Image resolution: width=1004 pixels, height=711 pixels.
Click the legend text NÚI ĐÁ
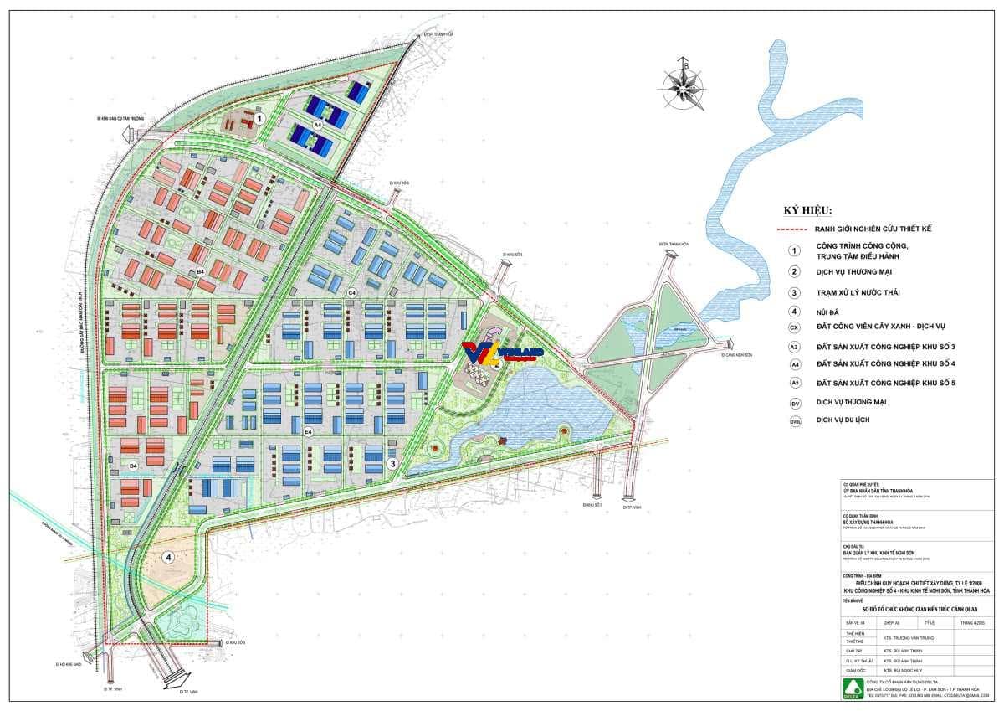pyautogui.click(x=828, y=312)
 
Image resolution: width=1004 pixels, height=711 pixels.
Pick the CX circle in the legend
pyautogui.click(x=794, y=327)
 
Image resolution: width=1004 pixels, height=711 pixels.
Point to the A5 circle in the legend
pyautogui.click(x=794, y=383)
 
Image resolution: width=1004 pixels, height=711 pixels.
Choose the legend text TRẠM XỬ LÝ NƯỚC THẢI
pyautogui.click(x=857, y=292)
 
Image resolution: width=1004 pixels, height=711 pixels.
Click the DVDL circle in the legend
pyautogui.click(x=794, y=420)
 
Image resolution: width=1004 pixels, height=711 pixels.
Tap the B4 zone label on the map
pyautogui.click(x=200, y=271)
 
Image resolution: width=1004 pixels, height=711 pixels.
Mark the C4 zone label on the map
pyautogui.click(x=352, y=291)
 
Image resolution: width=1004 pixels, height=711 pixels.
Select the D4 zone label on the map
pyautogui.click(x=132, y=465)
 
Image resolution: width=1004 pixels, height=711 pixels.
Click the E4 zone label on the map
pyautogui.click(x=308, y=432)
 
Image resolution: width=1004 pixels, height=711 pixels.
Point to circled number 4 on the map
pyautogui.click(x=169, y=557)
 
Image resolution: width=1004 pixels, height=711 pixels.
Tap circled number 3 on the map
pyautogui.click(x=392, y=462)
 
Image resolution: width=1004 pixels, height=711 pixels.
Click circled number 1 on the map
pyautogui.click(x=260, y=119)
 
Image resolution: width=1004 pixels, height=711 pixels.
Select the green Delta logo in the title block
pyautogui.click(x=853, y=688)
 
